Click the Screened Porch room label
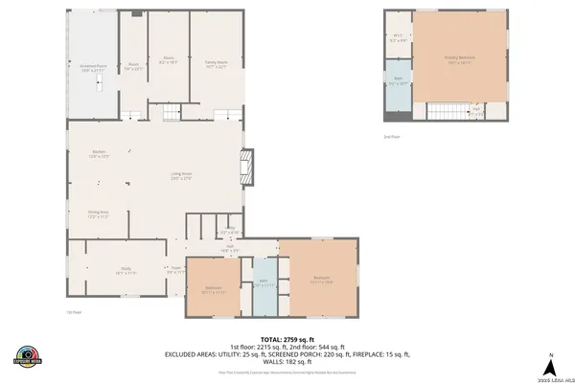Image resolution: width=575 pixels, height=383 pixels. tap(92, 68)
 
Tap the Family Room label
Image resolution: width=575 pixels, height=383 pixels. tap(216, 64)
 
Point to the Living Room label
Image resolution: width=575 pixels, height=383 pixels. tap(181, 176)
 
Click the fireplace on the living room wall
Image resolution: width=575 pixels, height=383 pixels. tap(249, 167)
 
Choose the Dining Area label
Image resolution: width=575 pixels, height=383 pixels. tap(99, 214)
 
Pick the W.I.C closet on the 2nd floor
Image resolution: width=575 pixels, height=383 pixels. tap(398, 39)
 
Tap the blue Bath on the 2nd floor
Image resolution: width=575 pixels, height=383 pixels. tap(398, 81)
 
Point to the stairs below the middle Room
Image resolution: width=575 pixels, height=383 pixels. tap(170, 115)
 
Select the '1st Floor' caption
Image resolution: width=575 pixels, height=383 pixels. tap(73, 312)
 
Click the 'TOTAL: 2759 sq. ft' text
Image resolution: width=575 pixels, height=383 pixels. tap(287, 338)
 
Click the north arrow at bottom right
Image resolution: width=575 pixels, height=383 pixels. tap(551, 365)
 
